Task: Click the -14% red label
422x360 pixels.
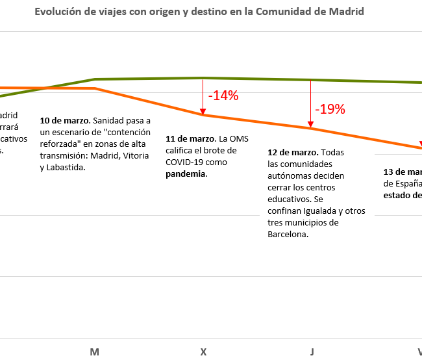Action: click(223, 96)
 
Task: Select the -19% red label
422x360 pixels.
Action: click(330, 109)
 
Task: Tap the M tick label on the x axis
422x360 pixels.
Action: click(95, 352)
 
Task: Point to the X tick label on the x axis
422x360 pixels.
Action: click(203, 352)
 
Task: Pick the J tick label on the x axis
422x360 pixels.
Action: click(312, 352)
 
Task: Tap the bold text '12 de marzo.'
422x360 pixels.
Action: click(292, 152)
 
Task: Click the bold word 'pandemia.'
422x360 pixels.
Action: click(186, 174)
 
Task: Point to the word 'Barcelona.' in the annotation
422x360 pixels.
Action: click(288, 235)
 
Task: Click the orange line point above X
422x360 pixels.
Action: click(203, 115)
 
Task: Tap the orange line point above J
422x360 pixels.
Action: click(312, 129)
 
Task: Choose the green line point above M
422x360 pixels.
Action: click(95, 79)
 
